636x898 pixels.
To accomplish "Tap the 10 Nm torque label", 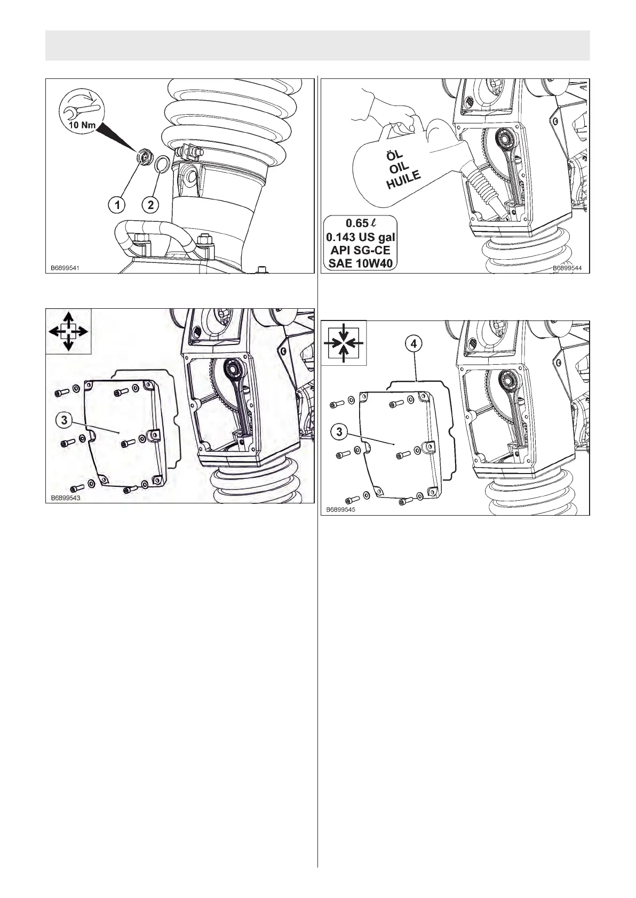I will click(83, 126).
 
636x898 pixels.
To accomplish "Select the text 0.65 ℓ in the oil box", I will click(361, 223).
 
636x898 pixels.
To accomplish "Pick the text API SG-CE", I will click(361, 250).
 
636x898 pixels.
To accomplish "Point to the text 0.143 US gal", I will click(361, 236).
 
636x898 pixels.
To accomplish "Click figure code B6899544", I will click(569, 269).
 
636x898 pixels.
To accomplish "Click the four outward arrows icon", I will click(68, 331).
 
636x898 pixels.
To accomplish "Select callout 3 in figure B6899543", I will click(64, 420).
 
